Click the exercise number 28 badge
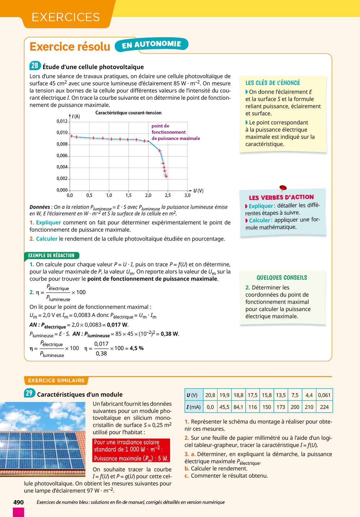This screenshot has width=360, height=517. pos(35,66)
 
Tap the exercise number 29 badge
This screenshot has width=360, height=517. pos(29,393)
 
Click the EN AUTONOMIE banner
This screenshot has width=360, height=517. pos(152,45)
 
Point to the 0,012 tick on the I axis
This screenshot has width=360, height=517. pos(62,121)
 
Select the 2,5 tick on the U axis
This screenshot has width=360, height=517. pos(168,195)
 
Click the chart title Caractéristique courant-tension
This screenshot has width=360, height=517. pos(128,113)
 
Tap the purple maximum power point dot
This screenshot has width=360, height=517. pos(148,141)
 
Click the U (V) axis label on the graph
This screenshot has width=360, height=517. pos(198,191)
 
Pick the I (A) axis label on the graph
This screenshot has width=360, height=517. pos(76,117)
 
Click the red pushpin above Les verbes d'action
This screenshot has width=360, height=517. pos(283,188)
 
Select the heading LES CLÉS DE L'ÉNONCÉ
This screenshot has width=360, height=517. pos(272,83)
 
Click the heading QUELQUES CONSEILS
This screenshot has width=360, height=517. pos(282,278)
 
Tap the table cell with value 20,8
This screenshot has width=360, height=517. pos(210,395)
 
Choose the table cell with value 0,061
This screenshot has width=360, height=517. pos(324,395)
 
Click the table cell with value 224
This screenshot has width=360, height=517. pos(324,407)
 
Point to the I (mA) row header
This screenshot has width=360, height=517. pos(193,407)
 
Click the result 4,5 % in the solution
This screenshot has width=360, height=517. pos(137,348)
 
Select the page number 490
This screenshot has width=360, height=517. pos(18,502)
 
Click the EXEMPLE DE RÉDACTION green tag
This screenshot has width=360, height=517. pos(51,256)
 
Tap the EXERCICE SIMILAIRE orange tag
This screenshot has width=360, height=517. pos(56,380)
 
